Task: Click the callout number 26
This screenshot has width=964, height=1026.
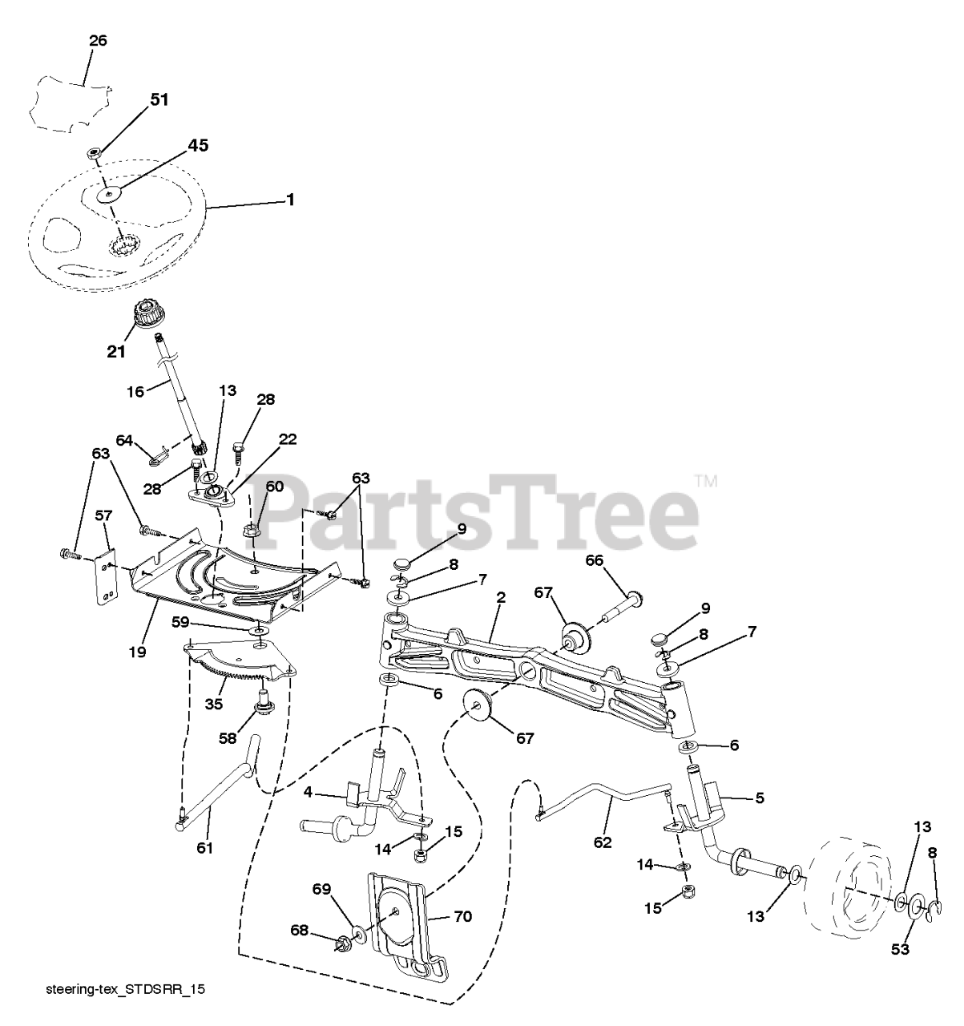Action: [x=98, y=41]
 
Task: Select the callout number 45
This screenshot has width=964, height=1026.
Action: [x=197, y=146]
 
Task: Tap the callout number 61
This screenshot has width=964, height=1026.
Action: [x=205, y=847]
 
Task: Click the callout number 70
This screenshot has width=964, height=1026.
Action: [x=462, y=916]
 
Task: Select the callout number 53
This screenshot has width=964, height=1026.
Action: [x=901, y=950]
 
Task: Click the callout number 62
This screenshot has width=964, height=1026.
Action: [x=603, y=842]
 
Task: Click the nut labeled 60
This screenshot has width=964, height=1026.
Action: [x=252, y=530]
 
